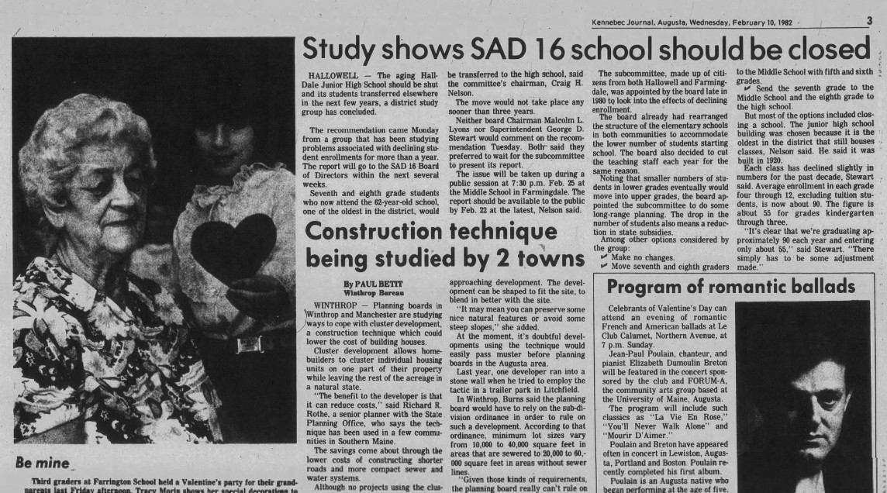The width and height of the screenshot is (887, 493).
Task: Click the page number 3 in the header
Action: [869, 22]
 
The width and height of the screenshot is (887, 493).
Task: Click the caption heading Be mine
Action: [40, 464]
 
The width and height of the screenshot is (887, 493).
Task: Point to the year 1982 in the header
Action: [802, 22]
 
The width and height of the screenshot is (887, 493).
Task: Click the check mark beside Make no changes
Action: [604, 257]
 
